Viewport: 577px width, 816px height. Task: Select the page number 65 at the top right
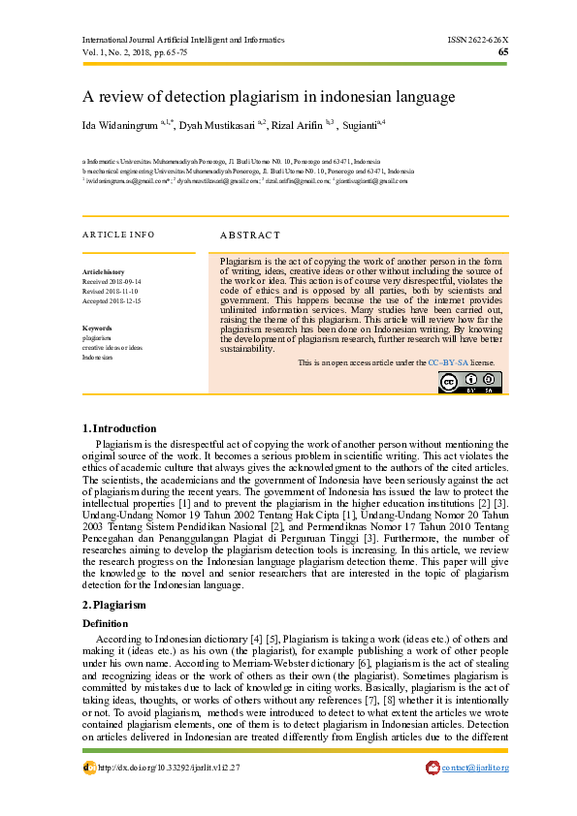502,52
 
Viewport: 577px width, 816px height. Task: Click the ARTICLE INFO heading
118,235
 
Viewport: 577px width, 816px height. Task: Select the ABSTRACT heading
249,235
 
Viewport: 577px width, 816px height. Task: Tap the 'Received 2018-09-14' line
112,281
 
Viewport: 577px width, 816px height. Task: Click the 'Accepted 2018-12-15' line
112,301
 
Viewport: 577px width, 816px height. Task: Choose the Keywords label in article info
98,329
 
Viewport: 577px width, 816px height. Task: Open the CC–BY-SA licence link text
449,362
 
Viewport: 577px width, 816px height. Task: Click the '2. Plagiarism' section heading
114,605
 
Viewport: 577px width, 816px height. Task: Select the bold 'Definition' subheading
105,622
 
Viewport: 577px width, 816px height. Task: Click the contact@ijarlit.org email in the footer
475,769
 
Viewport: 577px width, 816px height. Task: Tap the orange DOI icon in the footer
89,769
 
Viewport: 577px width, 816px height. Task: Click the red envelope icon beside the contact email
433,769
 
